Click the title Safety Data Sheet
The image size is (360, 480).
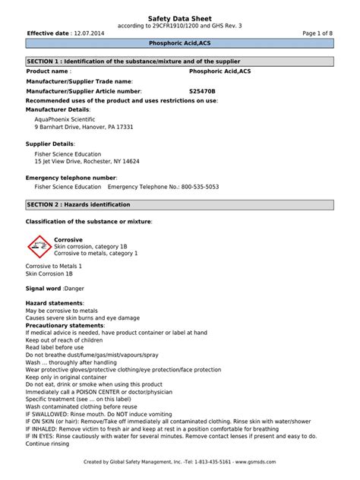(179, 17)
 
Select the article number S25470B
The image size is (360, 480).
(202, 90)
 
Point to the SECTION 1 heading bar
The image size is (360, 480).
(179, 60)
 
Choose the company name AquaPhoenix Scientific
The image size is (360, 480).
(65, 118)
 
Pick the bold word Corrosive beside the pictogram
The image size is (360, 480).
(68, 239)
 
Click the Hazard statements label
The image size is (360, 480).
(55, 303)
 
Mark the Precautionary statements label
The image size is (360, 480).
(65, 325)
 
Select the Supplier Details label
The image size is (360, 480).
(50, 144)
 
